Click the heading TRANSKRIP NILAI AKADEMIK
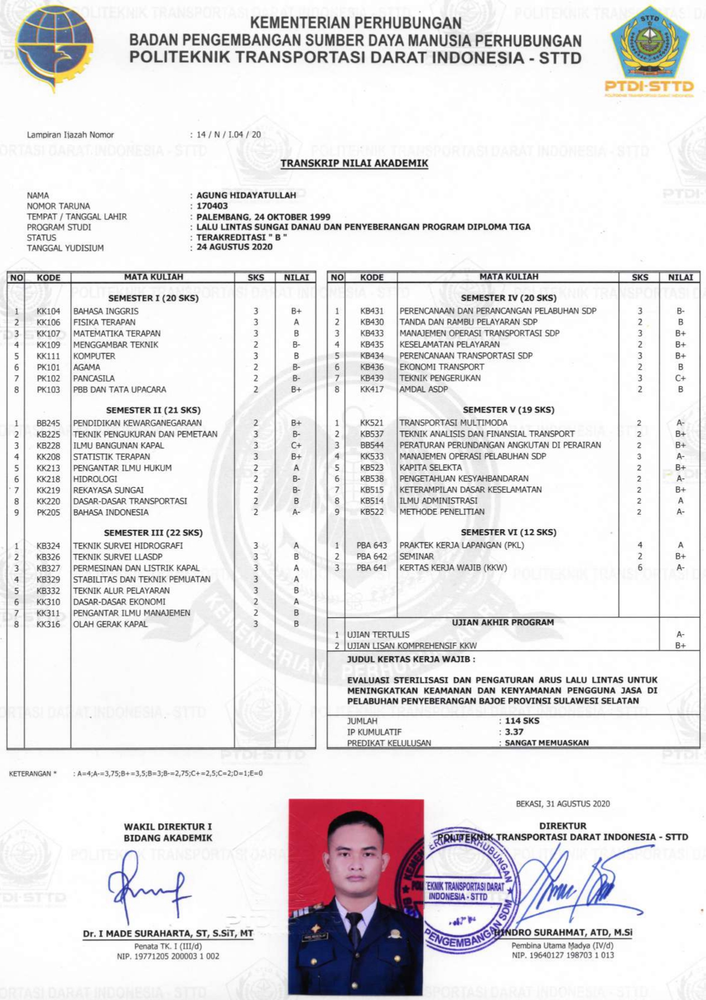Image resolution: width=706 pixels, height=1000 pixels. coord(354,163)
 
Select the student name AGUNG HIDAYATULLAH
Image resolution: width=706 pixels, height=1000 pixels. coord(246,196)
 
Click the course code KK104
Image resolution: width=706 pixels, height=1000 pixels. coord(48,311)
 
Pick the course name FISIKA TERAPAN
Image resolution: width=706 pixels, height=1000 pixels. coord(104,322)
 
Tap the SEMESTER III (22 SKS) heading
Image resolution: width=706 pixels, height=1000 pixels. coord(153,533)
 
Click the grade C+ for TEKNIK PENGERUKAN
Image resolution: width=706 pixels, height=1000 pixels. coord(680,378)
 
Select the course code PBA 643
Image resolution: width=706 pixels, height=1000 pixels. coord(371,545)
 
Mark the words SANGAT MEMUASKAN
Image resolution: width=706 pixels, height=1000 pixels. coord(546,743)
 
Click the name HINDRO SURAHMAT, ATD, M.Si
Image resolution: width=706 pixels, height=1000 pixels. coord(564,932)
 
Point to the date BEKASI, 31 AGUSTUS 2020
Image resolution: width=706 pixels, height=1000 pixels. coord(563,803)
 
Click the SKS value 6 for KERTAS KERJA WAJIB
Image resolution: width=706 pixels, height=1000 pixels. coord(640,567)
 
